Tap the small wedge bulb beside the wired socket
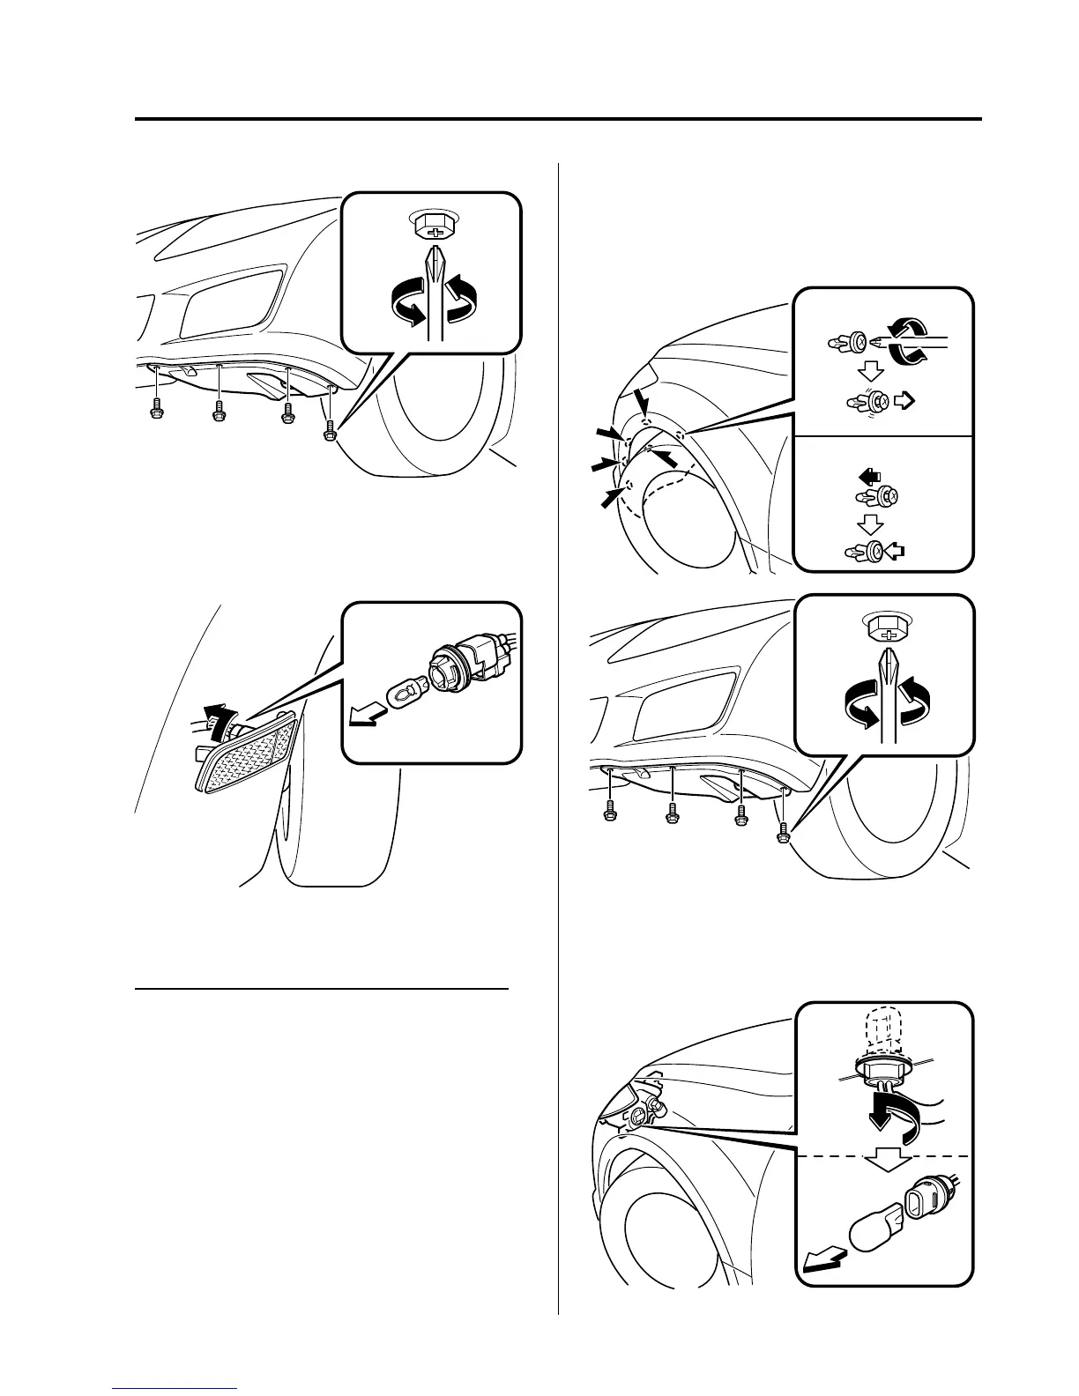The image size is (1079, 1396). (x=401, y=689)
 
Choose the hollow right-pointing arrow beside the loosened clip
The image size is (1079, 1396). (x=904, y=402)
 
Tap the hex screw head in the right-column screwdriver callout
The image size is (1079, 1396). (x=886, y=629)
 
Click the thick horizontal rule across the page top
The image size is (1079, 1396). (x=558, y=118)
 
